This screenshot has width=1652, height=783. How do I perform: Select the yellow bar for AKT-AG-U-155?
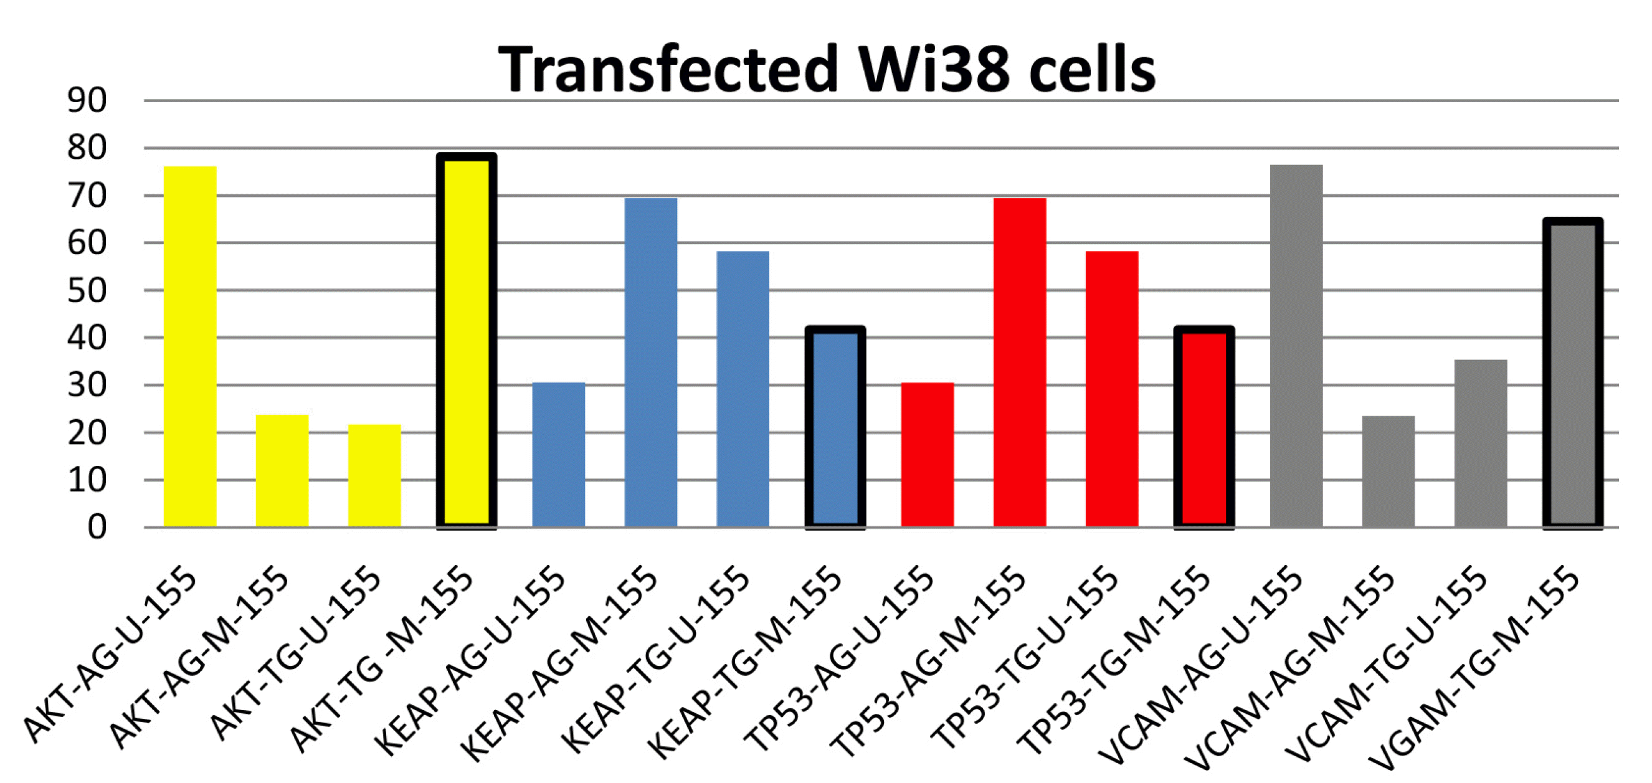pos(190,346)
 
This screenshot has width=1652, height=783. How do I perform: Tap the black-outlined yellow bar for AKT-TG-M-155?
pos(466,340)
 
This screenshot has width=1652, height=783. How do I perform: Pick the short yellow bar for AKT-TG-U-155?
pos(374,475)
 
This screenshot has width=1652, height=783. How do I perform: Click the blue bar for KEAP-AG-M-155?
pos(651,363)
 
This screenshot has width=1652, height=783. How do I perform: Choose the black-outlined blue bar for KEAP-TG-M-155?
pos(835,428)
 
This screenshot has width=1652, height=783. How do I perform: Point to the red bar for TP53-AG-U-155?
pos(928,455)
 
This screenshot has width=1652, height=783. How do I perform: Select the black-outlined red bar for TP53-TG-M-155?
pos(1203,428)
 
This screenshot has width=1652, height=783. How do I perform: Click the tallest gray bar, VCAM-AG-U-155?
pos(1296,346)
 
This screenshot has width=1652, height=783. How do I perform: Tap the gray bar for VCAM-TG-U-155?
pos(1481,443)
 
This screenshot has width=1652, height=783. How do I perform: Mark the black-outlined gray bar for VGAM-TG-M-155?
pos(1572,373)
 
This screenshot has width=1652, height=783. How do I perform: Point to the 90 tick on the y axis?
pos(87,101)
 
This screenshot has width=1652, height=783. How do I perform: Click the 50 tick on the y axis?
pos(87,290)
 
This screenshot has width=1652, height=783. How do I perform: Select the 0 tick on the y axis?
pos(97,527)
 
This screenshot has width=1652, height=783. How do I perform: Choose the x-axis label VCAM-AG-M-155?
pos(1289,667)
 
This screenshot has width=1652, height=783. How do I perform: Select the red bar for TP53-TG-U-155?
pos(1111,389)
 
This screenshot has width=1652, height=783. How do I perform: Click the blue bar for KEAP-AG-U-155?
pos(559,455)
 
